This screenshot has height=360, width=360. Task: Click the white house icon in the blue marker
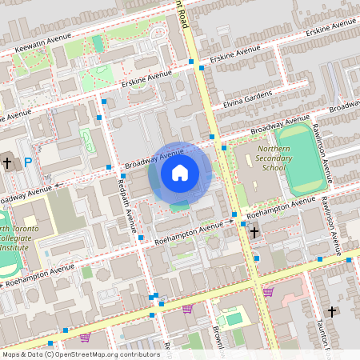180,172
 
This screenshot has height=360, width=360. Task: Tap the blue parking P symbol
28,162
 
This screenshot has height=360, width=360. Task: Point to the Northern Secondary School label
271,158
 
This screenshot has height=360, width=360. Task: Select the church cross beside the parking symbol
7,163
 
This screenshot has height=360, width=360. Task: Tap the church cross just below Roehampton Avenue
254,233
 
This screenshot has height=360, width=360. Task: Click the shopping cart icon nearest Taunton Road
268,292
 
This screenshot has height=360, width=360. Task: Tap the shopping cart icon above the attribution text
85,338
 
